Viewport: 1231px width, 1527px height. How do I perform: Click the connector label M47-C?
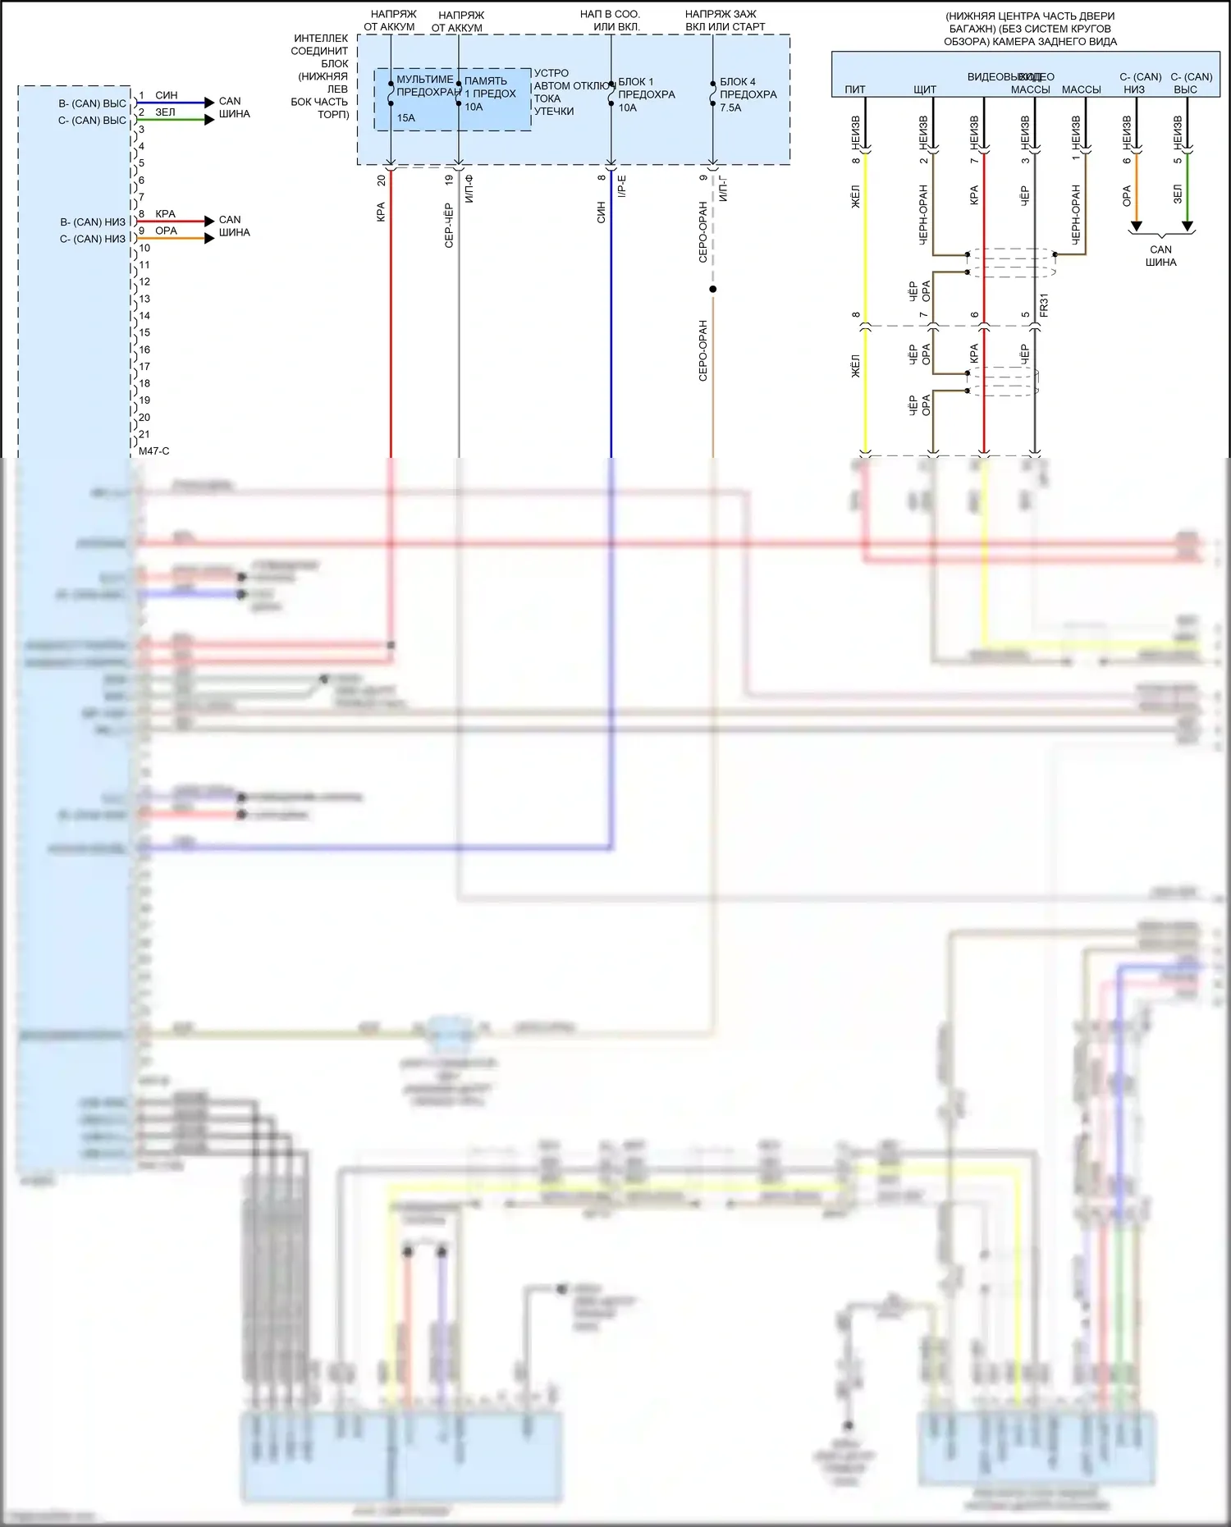(x=154, y=451)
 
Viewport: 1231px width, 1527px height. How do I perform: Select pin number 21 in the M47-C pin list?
(x=144, y=434)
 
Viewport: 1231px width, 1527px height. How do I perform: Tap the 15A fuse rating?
(x=405, y=118)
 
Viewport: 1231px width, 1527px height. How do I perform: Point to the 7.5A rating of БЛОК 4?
(x=730, y=107)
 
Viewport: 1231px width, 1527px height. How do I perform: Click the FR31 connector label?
(x=1044, y=306)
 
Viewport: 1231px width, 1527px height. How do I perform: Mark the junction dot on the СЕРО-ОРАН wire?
(x=713, y=289)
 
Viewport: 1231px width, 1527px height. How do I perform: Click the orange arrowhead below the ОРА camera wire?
(x=1137, y=226)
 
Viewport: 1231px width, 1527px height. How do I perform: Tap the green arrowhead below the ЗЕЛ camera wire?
(x=1187, y=226)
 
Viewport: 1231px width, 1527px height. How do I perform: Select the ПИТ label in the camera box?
(x=855, y=89)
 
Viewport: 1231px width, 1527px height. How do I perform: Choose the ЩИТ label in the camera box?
(x=925, y=89)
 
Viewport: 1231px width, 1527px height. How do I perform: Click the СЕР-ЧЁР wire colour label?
(x=449, y=225)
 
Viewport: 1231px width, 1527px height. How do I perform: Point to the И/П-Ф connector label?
(x=469, y=190)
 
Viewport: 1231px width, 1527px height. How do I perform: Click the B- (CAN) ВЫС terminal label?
(x=92, y=103)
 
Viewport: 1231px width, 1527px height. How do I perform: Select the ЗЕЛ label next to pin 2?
(x=165, y=112)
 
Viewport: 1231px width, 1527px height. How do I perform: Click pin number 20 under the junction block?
(x=381, y=180)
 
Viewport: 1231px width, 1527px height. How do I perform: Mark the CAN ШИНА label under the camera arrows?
(x=1160, y=256)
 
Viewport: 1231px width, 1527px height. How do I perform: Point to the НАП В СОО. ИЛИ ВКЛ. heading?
(x=610, y=21)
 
